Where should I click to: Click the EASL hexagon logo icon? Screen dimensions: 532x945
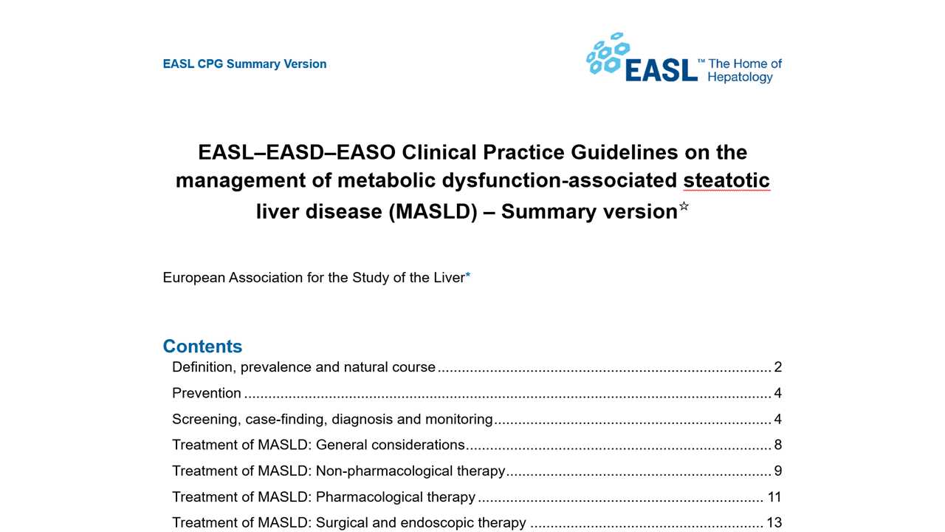click(607, 54)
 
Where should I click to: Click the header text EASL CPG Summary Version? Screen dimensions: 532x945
click(244, 64)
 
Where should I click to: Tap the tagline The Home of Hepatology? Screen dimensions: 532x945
click(744, 70)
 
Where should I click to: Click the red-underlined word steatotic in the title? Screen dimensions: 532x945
click(726, 180)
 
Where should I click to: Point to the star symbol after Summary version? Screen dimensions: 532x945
click(684, 207)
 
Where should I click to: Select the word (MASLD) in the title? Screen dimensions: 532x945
click(433, 211)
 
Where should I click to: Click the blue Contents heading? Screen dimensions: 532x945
click(202, 347)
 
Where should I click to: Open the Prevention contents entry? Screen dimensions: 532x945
click(207, 393)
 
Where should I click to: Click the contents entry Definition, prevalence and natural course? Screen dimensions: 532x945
click(303, 367)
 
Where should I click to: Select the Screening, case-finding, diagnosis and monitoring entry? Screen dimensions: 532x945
click(332, 419)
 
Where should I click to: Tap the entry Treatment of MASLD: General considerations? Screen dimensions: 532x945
click(318, 445)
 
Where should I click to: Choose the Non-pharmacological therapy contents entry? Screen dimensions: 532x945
click(338, 471)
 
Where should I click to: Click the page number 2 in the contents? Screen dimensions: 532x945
click(777, 367)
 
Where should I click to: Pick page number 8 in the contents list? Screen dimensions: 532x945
click(777, 445)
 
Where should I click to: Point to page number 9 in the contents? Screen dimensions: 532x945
click(777, 471)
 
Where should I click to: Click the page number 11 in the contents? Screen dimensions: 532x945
click(774, 497)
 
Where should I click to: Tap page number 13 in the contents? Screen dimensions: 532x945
click(774, 522)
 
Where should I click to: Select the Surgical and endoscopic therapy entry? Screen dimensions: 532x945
click(348, 522)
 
